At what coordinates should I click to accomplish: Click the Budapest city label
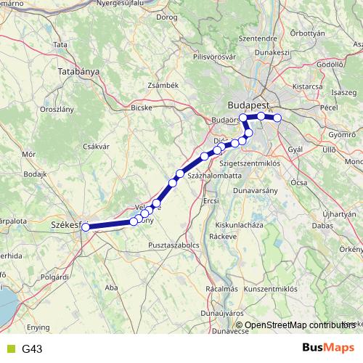click(247, 103)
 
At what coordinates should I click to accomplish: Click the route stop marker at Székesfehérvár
click(86, 227)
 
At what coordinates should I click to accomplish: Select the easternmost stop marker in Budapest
click(277, 118)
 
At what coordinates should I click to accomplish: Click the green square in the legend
click(9, 348)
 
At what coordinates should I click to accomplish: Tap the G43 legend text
click(32, 348)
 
